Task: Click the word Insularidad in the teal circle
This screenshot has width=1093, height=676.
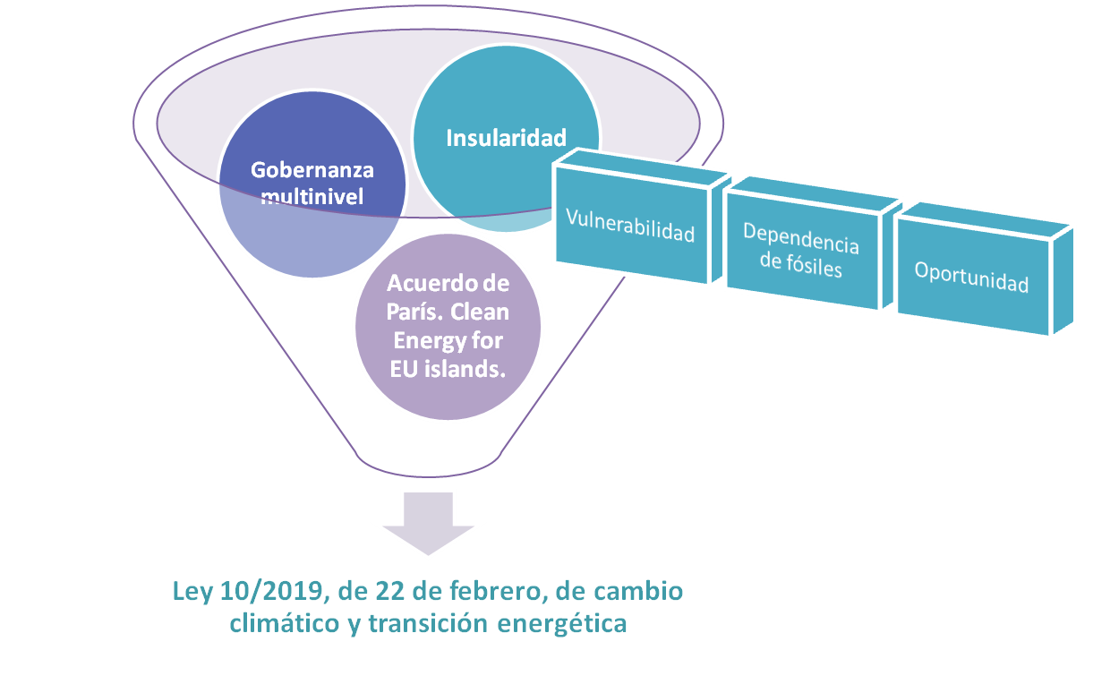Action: [507, 138]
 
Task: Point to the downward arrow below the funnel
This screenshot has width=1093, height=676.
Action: [429, 527]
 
